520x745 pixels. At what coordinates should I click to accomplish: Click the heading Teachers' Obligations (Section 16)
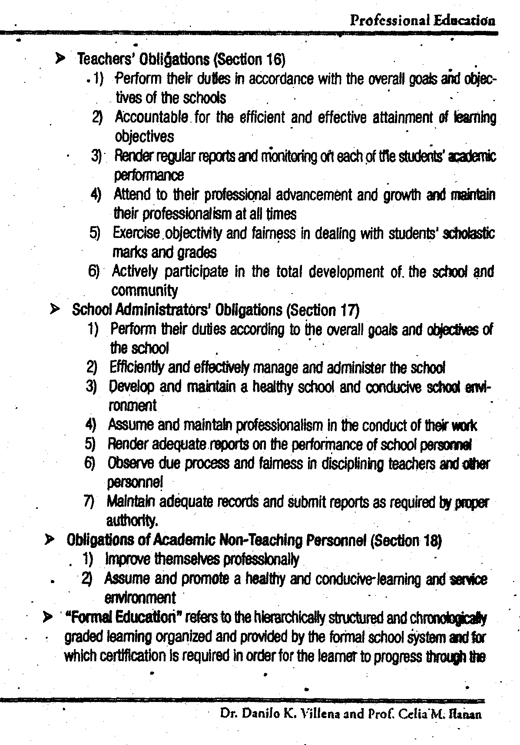[x=181, y=59]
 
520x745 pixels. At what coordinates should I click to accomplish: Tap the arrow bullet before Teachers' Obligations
[x=61, y=58]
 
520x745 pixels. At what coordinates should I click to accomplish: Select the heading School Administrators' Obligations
[x=215, y=310]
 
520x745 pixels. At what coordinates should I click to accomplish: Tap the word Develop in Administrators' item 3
[x=130, y=386]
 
